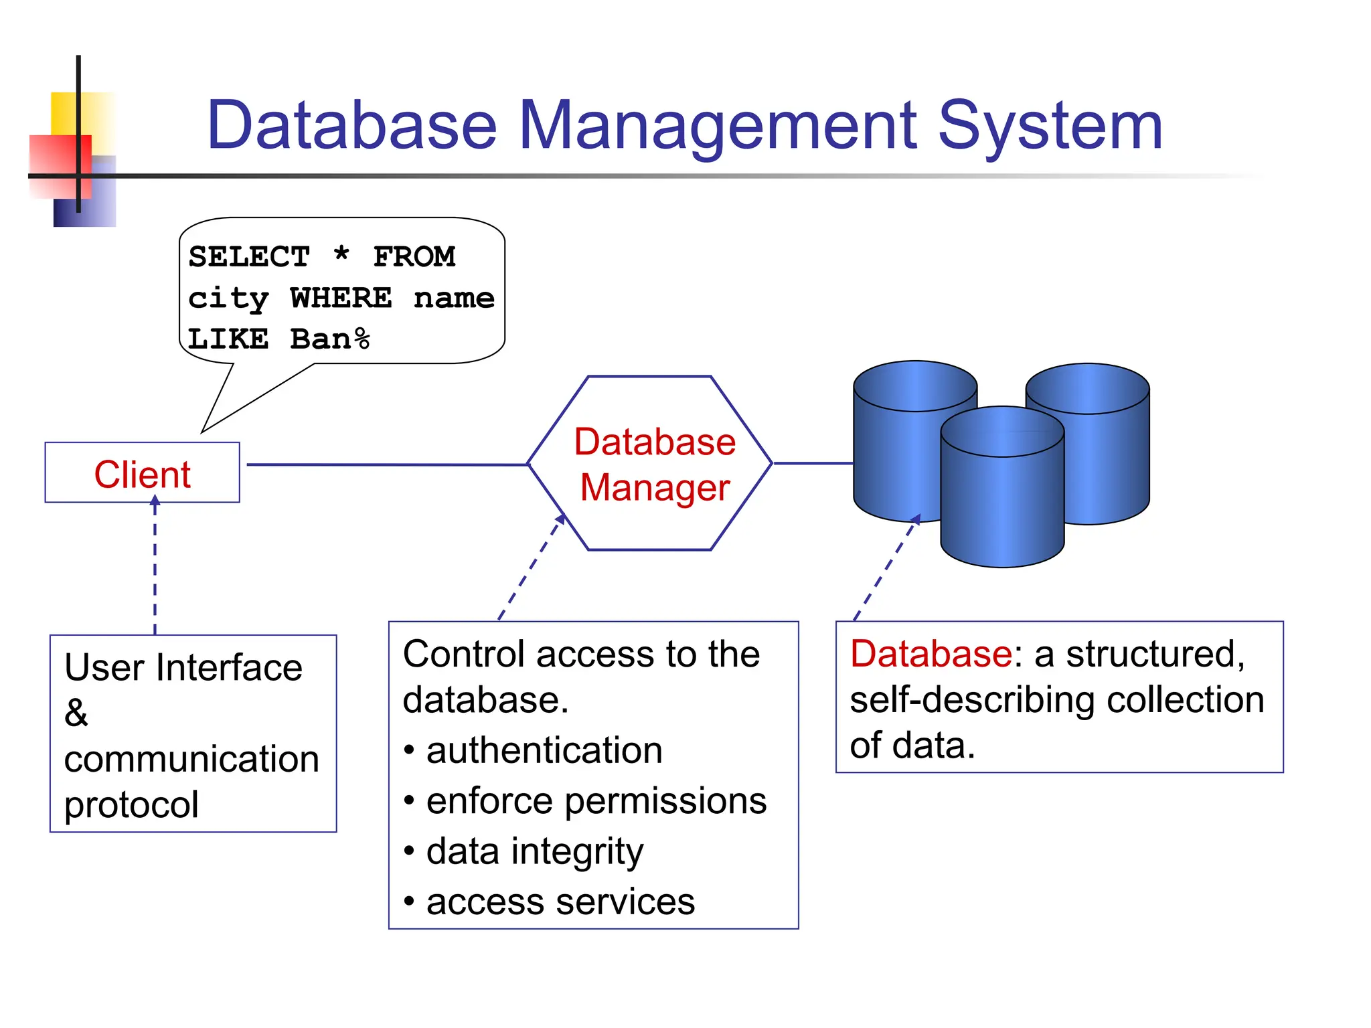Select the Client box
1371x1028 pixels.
[x=142, y=473]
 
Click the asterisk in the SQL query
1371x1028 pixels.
[x=341, y=256]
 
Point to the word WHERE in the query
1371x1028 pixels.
[x=341, y=298]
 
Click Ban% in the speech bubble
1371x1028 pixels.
[x=329, y=339]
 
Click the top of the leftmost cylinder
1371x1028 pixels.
[x=915, y=385]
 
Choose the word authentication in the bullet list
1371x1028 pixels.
[x=544, y=750]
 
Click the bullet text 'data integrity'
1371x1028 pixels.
[x=534, y=851]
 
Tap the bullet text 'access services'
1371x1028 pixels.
[x=560, y=902]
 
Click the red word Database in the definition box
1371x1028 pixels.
[x=931, y=654]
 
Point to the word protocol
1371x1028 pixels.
[x=131, y=804]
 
